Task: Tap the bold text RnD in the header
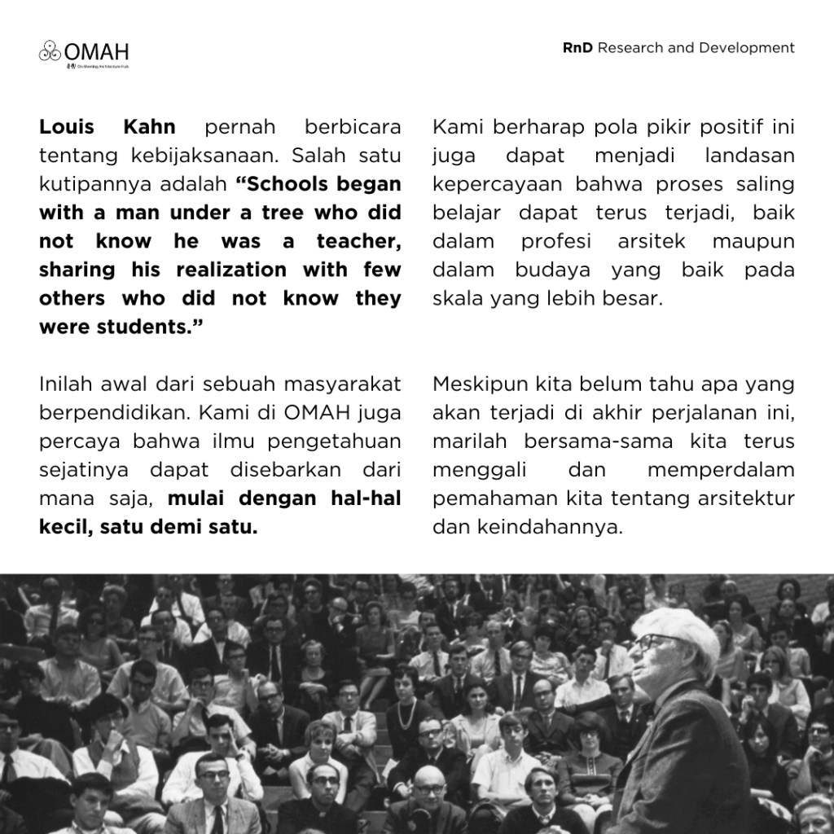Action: coord(577,48)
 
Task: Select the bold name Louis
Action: coord(68,128)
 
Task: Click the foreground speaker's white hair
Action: coord(683,628)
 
